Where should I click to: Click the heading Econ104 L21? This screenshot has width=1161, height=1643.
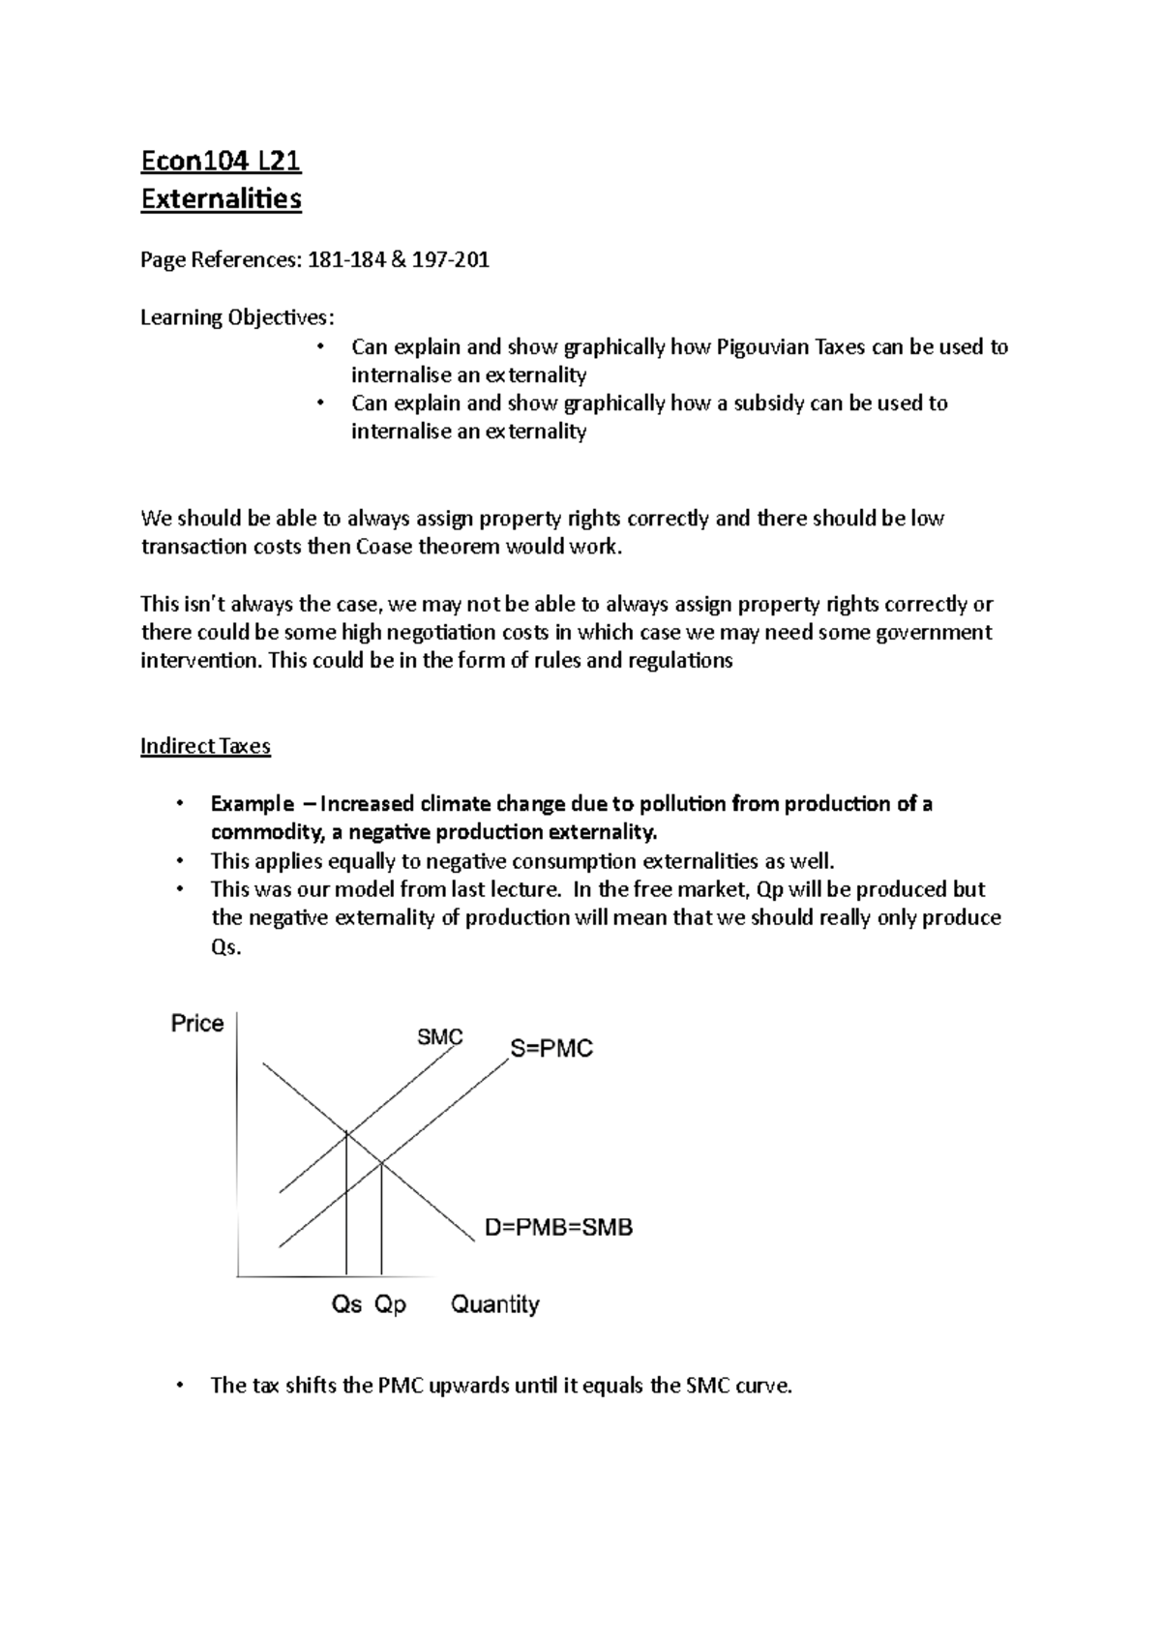[x=222, y=160]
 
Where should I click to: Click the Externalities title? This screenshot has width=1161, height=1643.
[x=222, y=199]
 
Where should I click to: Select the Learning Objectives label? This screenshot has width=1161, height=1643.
[x=238, y=317]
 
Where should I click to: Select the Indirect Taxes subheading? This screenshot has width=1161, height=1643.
[x=205, y=746]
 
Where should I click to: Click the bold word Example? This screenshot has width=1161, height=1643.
[x=252, y=804]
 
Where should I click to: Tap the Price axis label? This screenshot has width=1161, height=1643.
[x=197, y=1024]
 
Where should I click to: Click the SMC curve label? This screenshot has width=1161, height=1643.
[x=440, y=1037]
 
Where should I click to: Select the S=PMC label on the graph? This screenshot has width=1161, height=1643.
[x=551, y=1049]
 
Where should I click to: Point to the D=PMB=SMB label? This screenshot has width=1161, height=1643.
[x=558, y=1228]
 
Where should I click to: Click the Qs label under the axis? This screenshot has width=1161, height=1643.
[x=346, y=1304]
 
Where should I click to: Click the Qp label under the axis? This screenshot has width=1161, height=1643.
[x=390, y=1304]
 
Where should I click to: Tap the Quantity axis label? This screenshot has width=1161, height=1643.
[x=494, y=1304]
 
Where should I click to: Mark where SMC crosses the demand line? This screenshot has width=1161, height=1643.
[x=346, y=1135]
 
